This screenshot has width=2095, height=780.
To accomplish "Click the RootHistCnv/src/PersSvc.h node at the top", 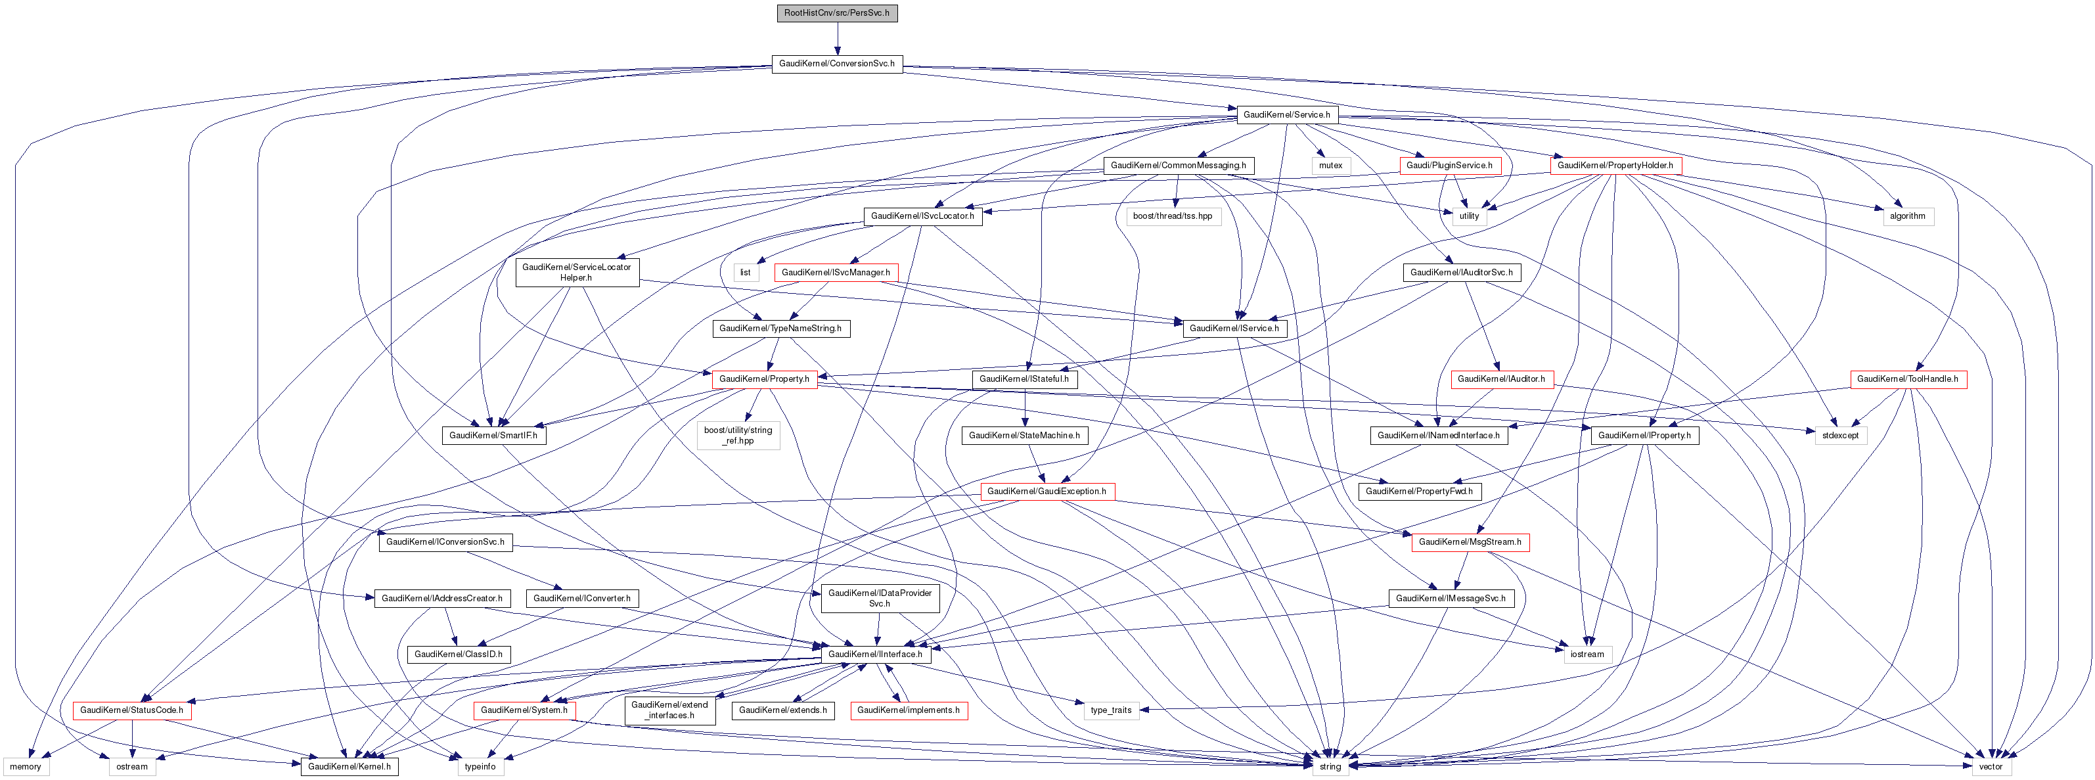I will [837, 13].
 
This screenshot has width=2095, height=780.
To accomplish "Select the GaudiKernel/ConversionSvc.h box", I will [837, 64].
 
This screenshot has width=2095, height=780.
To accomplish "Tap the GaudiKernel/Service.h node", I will [1286, 115].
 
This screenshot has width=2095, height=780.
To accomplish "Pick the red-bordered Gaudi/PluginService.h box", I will [1449, 165].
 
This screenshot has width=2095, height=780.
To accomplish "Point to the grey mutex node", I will [1330, 165].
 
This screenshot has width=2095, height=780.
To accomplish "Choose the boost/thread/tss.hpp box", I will [1172, 216].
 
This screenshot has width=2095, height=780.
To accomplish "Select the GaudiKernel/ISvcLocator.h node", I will [922, 216].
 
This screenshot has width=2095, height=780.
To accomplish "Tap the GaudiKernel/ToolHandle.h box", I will [1908, 379].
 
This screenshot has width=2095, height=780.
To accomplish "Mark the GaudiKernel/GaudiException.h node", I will [1047, 492].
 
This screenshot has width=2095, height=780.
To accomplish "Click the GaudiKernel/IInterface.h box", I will [875, 654].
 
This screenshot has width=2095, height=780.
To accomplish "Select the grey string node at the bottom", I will [1330, 766].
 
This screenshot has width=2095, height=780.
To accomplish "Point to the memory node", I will [25, 766].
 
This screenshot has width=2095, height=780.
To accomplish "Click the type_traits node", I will [1111, 710].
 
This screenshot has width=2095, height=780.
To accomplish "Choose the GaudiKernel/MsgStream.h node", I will [1470, 541].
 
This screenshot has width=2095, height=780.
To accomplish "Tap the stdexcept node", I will [1839, 435].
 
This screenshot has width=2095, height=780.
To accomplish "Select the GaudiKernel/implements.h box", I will [909, 710].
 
